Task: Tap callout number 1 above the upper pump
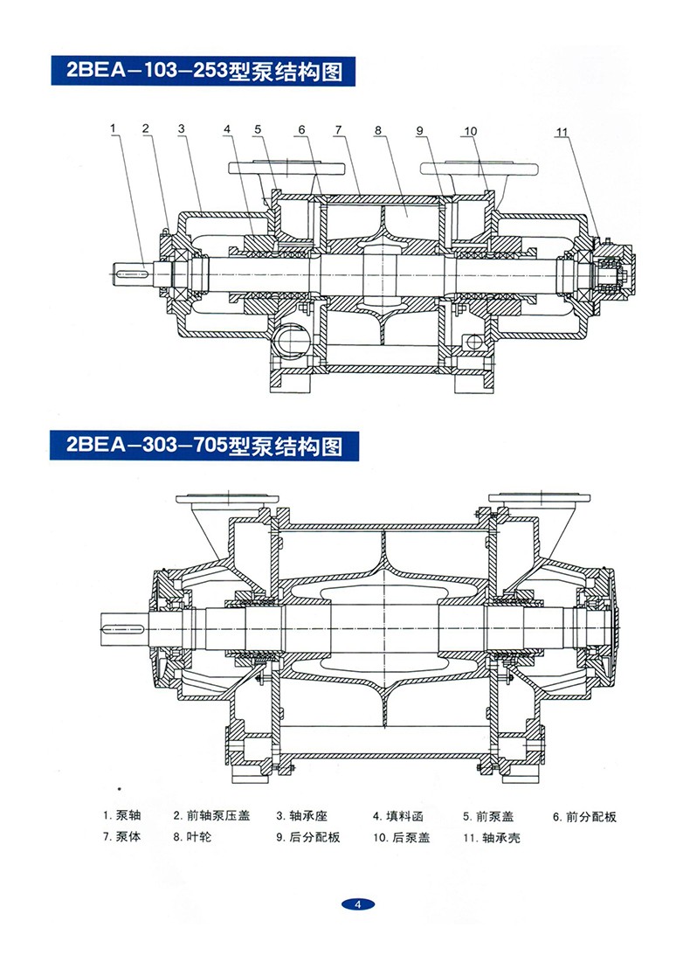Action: click(x=114, y=129)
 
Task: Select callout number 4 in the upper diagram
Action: click(x=226, y=130)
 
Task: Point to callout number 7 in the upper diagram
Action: click(x=337, y=130)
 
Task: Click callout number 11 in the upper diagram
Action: click(x=562, y=133)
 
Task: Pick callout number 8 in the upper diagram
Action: click(x=378, y=130)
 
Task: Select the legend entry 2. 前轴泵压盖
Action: click(x=211, y=816)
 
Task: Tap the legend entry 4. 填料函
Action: click(x=398, y=817)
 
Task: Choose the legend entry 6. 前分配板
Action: click(x=584, y=817)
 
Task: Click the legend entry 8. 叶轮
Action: click(x=191, y=837)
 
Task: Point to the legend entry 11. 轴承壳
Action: click(x=492, y=838)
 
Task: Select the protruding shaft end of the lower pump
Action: click(x=118, y=626)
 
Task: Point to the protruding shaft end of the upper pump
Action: click(x=133, y=272)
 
